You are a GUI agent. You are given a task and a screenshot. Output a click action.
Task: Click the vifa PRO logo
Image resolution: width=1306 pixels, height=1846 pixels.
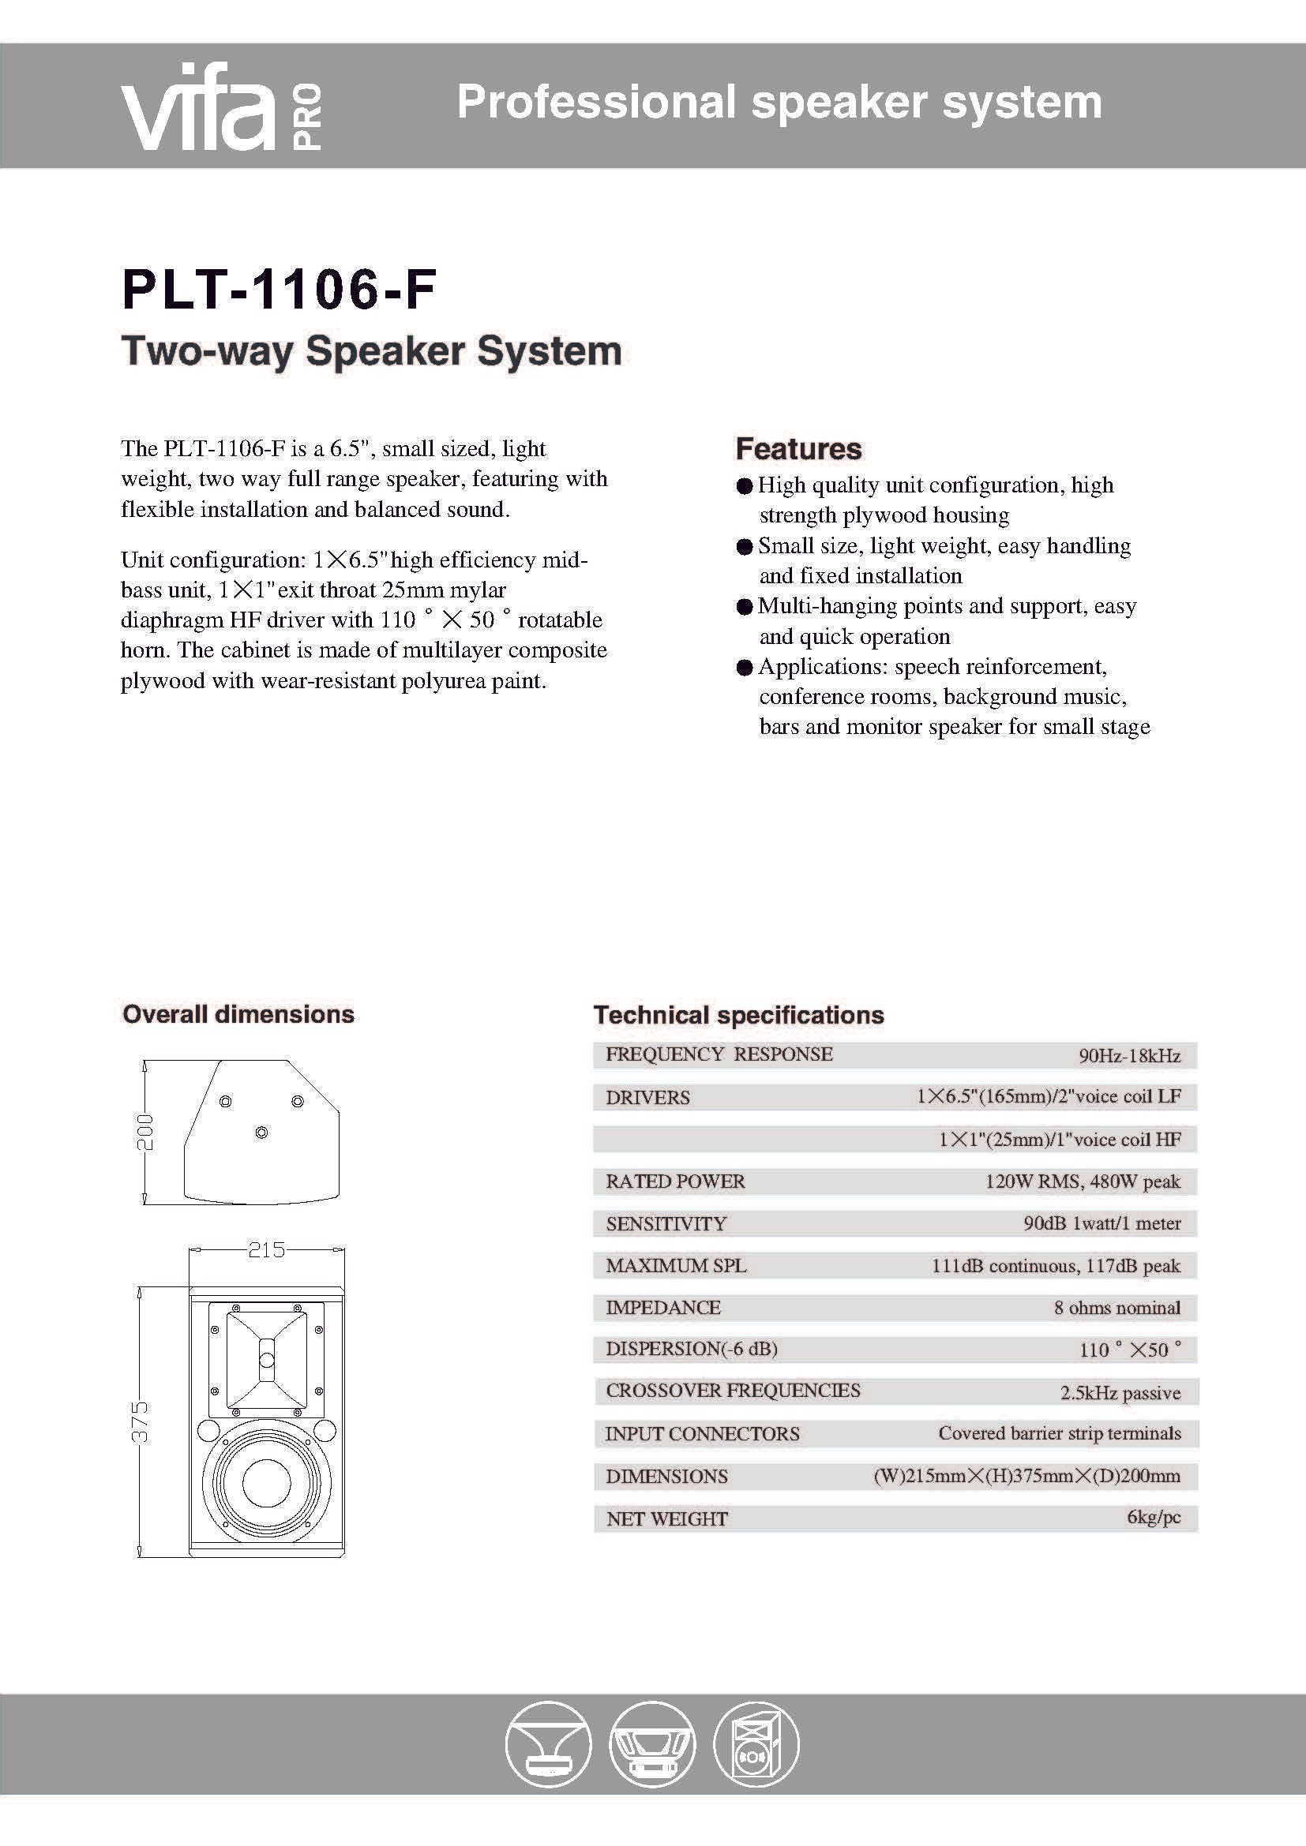pyautogui.click(x=221, y=108)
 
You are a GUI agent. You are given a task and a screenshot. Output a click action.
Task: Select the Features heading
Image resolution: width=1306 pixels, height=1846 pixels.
pyautogui.click(x=797, y=448)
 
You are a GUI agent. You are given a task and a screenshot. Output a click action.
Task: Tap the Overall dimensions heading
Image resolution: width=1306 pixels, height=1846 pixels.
pyautogui.click(x=238, y=1014)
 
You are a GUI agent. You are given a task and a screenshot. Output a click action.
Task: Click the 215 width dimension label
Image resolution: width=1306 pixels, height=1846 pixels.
pyautogui.click(x=266, y=1249)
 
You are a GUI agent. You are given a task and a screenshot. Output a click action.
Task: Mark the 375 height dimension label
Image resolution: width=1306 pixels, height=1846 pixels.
pyautogui.click(x=140, y=1421)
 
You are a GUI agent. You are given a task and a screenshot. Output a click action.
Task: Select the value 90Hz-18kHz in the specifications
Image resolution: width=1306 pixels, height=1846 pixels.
pyautogui.click(x=1129, y=1056)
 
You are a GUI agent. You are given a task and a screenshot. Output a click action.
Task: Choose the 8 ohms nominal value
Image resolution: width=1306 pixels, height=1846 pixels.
pyautogui.click(x=1117, y=1308)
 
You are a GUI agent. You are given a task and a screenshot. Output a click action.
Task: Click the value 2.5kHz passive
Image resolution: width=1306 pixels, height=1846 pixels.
pyautogui.click(x=1120, y=1393)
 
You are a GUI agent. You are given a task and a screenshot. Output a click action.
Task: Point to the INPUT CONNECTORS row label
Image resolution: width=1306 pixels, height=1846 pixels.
pyautogui.click(x=702, y=1433)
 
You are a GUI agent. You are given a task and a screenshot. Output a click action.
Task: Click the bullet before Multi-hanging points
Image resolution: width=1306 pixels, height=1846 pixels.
pyautogui.click(x=744, y=607)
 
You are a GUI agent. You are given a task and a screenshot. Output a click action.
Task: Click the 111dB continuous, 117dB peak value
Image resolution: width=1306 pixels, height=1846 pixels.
pyautogui.click(x=1056, y=1265)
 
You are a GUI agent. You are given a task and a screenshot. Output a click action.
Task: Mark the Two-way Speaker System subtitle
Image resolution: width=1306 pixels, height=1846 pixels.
pyautogui.click(x=371, y=351)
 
